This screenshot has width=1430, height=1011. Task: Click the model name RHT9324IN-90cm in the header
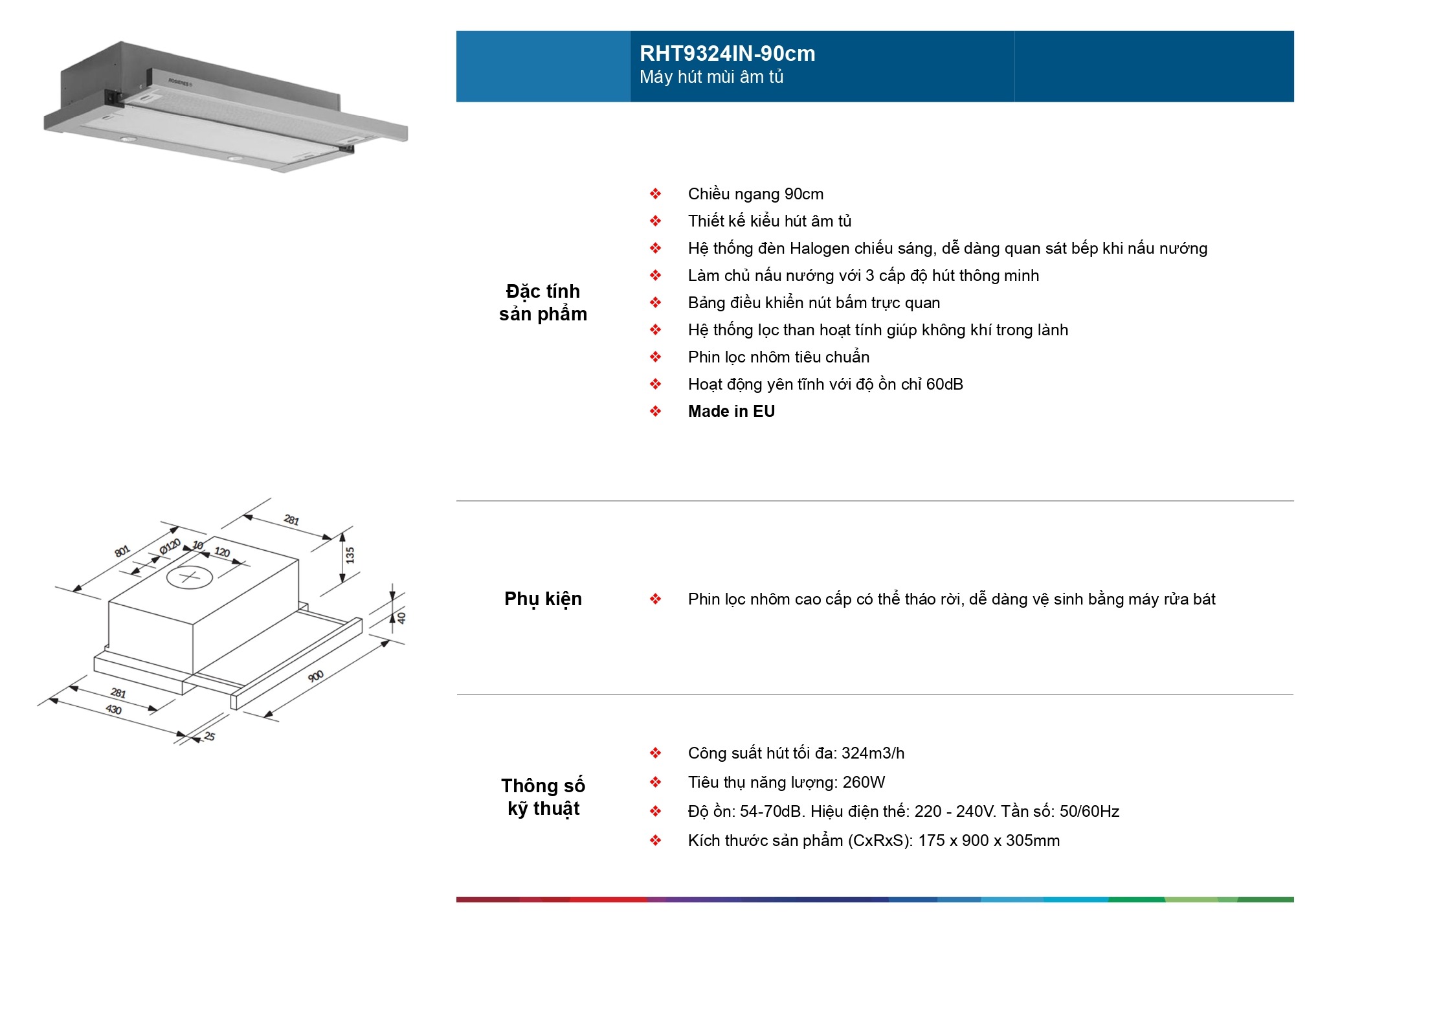click(727, 54)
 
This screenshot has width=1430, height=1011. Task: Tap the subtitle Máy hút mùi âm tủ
click(711, 77)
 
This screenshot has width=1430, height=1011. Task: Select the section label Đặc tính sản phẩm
click(542, 302)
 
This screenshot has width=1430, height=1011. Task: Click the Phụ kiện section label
click(542, 599)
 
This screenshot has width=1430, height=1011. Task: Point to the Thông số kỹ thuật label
click(542, 797)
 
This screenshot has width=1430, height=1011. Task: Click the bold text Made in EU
click(731, 412)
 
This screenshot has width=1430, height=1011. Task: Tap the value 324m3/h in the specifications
click(873, 753)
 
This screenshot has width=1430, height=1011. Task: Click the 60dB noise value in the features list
click(944, 384)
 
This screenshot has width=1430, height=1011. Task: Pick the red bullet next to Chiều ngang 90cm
click(656, 194)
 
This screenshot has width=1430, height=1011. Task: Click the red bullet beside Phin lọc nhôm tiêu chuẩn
click(656, 357)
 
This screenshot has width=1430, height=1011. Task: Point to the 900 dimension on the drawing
click(315, 676)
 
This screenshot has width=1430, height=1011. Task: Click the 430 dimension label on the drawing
click(114, 709)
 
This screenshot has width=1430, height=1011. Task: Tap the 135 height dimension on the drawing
click(350, 555)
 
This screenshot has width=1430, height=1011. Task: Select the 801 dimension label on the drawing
click(122, 551)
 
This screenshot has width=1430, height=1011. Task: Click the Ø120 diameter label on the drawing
click(170, 546)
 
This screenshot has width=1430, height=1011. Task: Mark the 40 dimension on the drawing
click(401, 617)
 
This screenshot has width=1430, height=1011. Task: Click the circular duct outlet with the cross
click(189, 576)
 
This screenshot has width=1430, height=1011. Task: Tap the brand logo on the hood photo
click(179, 82)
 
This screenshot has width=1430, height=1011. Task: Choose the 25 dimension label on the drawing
click(210, 736)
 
